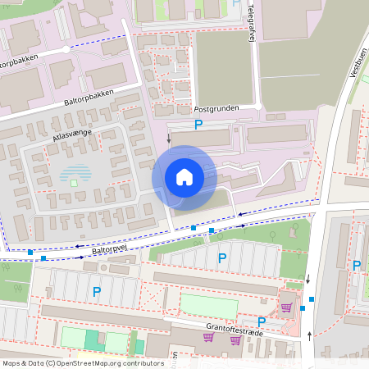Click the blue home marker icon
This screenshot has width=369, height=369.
pos(184,176)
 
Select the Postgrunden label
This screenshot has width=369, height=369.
pos(216,108)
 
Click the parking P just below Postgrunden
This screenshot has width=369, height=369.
pos(198,125)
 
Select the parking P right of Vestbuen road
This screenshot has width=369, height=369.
pos(357,265)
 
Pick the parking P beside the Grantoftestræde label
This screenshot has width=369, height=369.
pos(262,321)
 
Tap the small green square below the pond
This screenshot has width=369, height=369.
pos(74,183)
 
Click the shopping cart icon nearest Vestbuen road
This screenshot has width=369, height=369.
pos(286,307)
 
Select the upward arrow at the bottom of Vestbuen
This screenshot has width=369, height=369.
pos(309,335)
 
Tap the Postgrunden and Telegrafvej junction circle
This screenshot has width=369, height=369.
pos(257,107)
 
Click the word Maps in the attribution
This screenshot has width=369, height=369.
pos(12,362)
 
